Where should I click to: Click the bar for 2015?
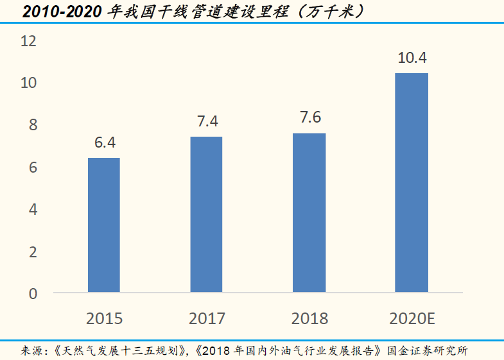[104, 225]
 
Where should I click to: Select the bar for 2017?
[206, 214]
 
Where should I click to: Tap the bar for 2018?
[309, 212]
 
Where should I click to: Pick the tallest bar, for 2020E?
[412, 183]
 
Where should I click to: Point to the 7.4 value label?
[207, 121]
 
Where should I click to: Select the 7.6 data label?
[309, 117]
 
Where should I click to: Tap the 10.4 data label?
[412, 58]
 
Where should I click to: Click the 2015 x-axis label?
[104, 318]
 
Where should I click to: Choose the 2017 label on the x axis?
[207, 318]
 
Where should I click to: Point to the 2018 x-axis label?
[309, 318]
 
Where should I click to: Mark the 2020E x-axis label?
[412, 318]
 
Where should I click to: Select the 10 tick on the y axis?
[30, 83]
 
